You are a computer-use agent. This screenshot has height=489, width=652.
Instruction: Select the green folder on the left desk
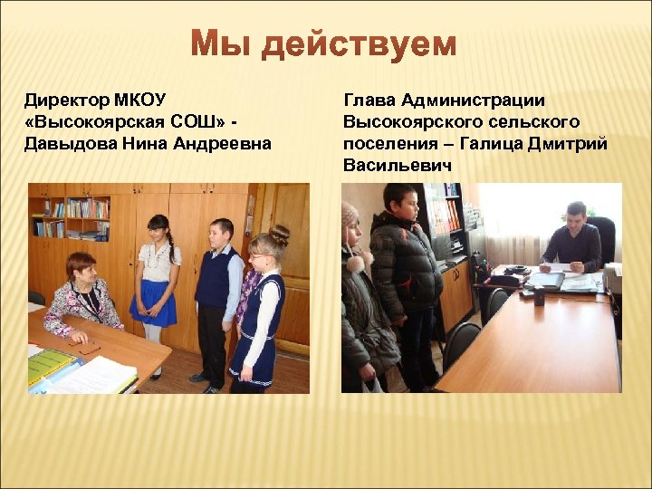[x=50, y=365]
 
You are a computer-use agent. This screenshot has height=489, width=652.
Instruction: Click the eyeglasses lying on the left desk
[x=85, y=347]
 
